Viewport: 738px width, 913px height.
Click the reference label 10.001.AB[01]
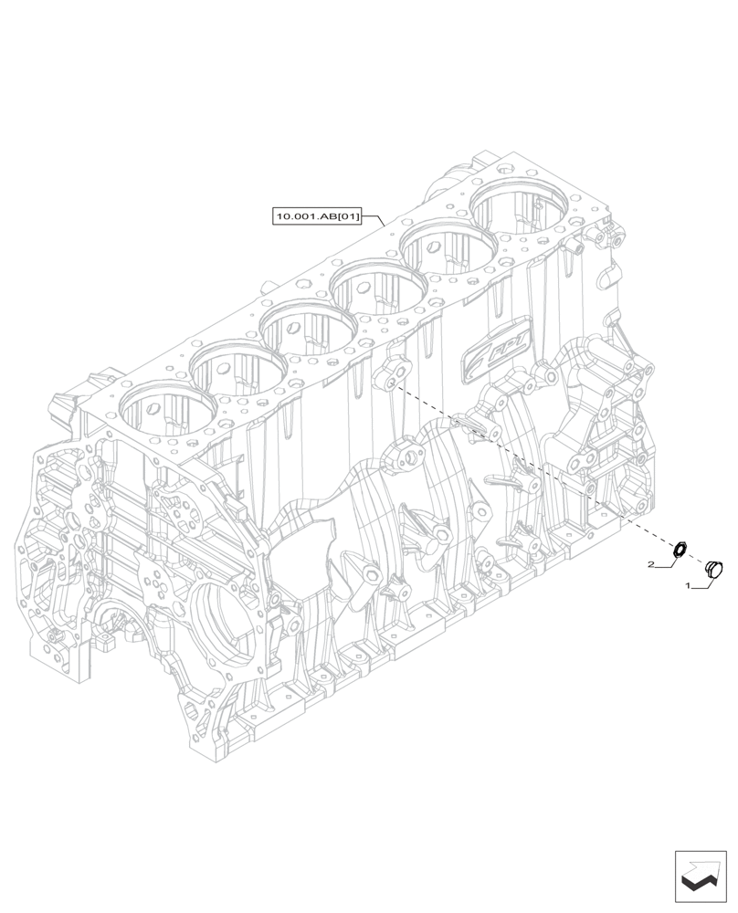click(317, 216)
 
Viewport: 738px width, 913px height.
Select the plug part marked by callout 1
click(714, 568)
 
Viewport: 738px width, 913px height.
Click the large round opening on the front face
click(224, 629)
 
